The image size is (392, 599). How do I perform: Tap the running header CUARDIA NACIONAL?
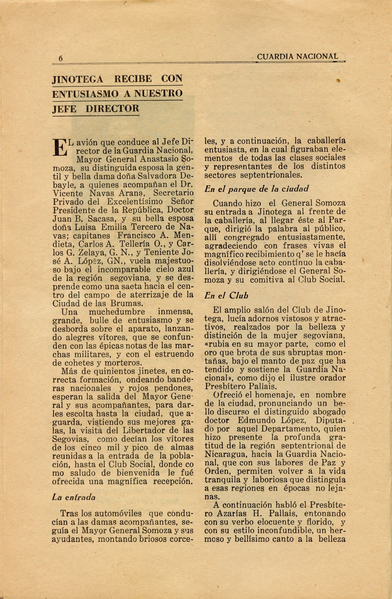click(297, 57)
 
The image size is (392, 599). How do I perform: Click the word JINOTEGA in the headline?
click(78, 79)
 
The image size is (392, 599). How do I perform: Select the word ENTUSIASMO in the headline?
click(85, 94)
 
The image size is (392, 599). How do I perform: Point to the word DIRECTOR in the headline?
click(112, 109)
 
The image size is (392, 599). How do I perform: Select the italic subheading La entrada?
click(74, 497)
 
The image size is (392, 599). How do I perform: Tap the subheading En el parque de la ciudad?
click(256, 189)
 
